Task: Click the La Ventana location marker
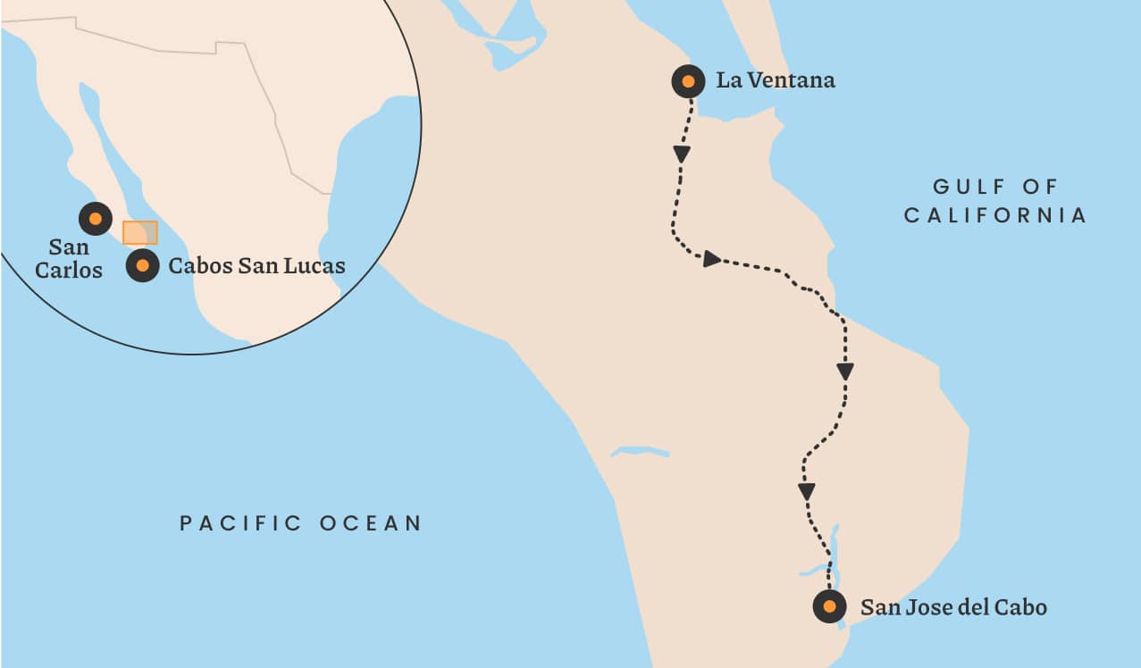(x=688, y=82)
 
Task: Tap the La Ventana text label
(x=776, y=80)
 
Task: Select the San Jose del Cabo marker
(x=829, y=606)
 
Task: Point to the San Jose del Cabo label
(x=952, y=607)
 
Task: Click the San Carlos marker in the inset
(x=96, y=219)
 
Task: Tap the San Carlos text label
(x=69, y=258)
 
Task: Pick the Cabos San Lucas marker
(x=142, y=265)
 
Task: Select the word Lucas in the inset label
(x=315, y=265)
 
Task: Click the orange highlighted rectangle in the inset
(x=139, y=232)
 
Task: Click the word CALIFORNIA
(x=995, y=215)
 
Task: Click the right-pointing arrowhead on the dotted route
(x=711, y=259)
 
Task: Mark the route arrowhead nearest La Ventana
(x=682, y=154)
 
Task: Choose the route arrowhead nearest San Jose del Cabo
(x=807, y=491)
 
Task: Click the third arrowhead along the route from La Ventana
(x=845, y=371)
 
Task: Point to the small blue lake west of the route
(x=640, y=452)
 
